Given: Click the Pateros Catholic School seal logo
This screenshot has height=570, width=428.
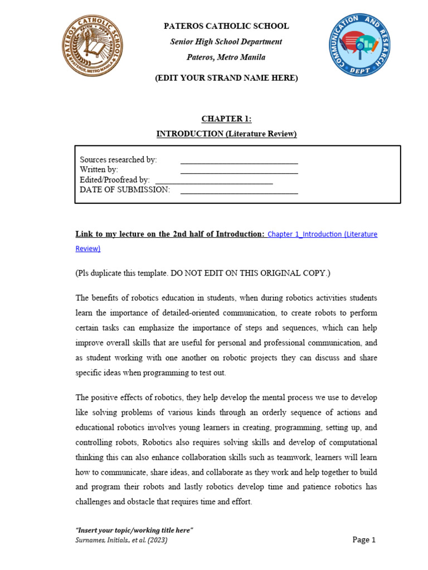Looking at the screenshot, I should click(91, 46).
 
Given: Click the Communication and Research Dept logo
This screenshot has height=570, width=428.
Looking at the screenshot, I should click(359, 45).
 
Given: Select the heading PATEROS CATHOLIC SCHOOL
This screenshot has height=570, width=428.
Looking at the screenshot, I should click(226, 26).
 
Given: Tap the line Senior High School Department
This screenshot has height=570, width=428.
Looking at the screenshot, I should click(226, 42).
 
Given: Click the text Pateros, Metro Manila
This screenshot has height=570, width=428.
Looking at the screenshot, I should click(226, 57).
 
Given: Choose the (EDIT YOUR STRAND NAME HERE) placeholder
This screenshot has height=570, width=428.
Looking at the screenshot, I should click(226, 78).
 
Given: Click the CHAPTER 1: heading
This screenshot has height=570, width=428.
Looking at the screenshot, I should click(226, 119).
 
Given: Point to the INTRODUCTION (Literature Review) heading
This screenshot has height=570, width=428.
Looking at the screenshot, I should click(226, 134).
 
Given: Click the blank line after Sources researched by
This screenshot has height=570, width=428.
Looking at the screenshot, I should click(239, 161).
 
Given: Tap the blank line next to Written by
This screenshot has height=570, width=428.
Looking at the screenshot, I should click(239, 171).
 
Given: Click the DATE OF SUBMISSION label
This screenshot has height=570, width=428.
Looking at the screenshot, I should click(125, 190).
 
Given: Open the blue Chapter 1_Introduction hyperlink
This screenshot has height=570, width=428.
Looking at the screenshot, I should click(322, 234).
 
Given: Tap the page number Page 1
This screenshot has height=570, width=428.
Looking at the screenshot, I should click(364, 540).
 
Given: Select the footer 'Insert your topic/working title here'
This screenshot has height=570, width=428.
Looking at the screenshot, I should click(134, 530).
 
